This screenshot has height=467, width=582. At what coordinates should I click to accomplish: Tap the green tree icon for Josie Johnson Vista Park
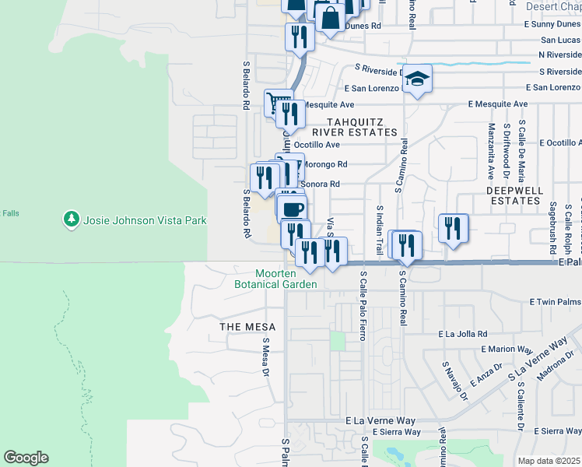click(72, 220)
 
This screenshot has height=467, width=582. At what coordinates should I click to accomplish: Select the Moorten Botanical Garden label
click(275, 279)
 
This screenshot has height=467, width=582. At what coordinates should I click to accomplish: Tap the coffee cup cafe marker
click(293, 209)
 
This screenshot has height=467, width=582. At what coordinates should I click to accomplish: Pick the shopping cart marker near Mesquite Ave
click(275, 103)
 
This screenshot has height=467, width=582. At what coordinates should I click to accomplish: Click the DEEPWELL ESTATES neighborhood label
click(513, 195)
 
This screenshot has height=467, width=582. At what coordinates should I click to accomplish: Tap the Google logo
click(26, 458)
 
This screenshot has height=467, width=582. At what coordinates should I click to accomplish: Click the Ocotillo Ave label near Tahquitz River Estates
click(317, 145)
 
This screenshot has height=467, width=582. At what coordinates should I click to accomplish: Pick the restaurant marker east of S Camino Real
click(453, 228)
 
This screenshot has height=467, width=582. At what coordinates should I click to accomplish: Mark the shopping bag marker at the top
click(330, 17)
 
